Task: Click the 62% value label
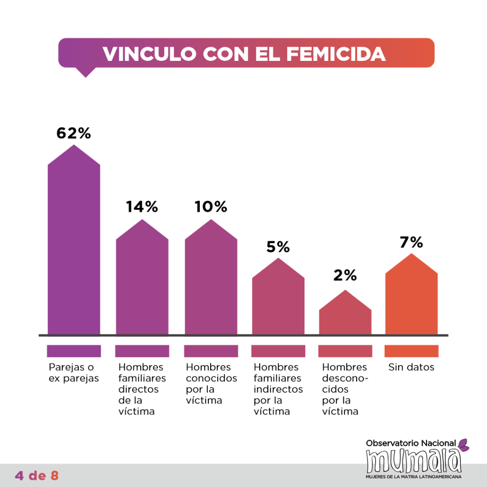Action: tap(73, 133)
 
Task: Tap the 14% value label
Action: tap(142, 207)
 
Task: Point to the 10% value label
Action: tap(211, 207)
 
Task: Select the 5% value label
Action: tap(278, 247)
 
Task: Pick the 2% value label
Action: tap(345, 275)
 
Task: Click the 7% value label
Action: tap(411, 243)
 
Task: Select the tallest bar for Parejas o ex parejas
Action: tap(74, 247)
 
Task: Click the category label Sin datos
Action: tap(411, 368)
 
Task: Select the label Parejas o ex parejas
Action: tap(72, 373)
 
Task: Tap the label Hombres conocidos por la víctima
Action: tap(211, 384)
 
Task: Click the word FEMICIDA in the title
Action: tap(336, 54)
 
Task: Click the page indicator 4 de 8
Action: tap(37, 475)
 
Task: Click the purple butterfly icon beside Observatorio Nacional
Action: tap(463, 444)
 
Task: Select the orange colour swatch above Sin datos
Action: tap(411, 351)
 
